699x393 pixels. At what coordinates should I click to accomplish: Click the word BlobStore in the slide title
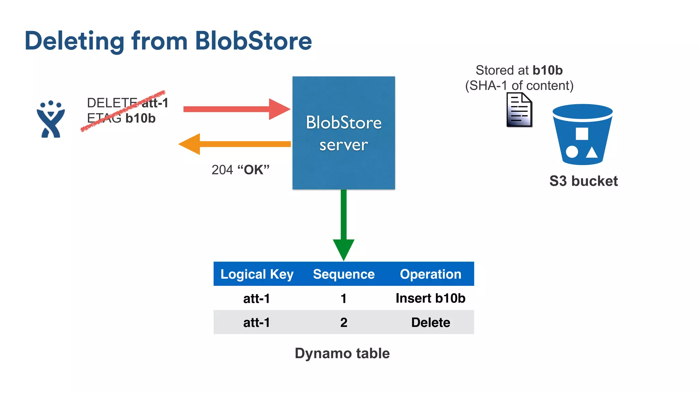(253, 41)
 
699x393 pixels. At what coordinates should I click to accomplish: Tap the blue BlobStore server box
(343, 133)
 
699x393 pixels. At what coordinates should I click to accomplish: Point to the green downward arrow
(343, 225)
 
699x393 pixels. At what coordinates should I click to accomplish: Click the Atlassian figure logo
(51, 119)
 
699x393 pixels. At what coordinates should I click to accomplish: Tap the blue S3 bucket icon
(582, 135)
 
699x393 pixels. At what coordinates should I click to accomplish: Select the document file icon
(519, 110)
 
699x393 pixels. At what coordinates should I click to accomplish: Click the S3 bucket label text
(583, 181)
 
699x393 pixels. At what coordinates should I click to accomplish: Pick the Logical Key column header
(257, 274)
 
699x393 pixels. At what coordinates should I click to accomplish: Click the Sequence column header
(344, 274)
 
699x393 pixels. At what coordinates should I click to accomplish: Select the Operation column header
(430, 274)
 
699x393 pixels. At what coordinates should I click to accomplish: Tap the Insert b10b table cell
(430, 298)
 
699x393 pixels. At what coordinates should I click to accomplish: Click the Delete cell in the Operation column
(430, 322)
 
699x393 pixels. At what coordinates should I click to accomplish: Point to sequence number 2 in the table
(344, 322)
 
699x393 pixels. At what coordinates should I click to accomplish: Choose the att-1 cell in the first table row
(257, 299)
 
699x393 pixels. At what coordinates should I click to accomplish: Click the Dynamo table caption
(342, 353)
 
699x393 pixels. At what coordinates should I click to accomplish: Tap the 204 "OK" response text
(240, 170)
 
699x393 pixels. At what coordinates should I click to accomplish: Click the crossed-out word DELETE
(112, 103)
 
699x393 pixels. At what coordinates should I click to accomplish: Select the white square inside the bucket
(582, 134)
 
